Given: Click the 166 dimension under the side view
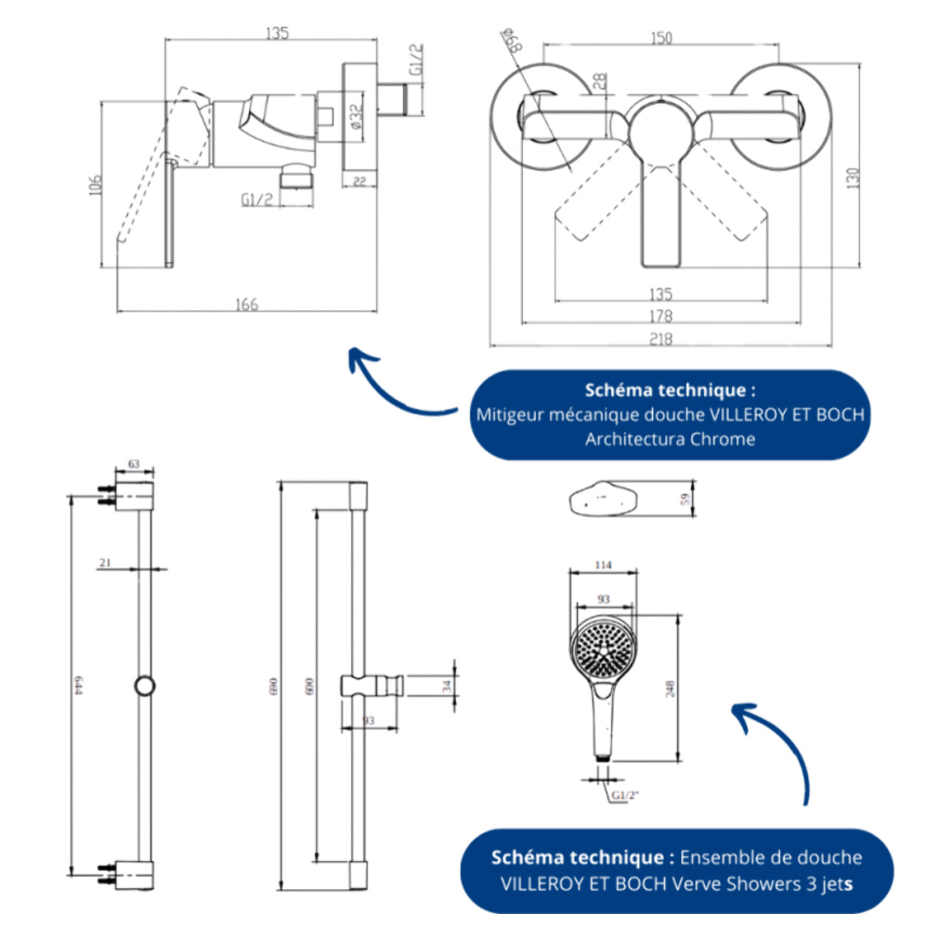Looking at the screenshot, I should (x=246, y=304).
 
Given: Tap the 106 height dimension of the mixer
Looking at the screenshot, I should (x=95, y=185).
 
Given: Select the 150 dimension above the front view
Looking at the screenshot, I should (x=661, y=37).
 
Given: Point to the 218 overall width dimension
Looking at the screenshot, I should (x=660, y=339).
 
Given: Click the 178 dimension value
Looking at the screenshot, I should (x=660, y=316).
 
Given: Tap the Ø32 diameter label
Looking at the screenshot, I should (x=356, y=117).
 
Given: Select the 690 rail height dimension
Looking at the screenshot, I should (x=273, y=688).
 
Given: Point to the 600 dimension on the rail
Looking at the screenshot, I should (x=309, y=686).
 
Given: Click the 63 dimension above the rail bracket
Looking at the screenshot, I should (x=134, y=464).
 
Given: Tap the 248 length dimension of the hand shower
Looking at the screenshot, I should (x=670, y=689).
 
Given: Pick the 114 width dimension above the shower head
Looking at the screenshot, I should (x=603, y=565).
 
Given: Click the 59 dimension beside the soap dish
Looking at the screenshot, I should (x=686, y=500).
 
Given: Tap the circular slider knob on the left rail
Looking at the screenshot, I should (x=145, y=686).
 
